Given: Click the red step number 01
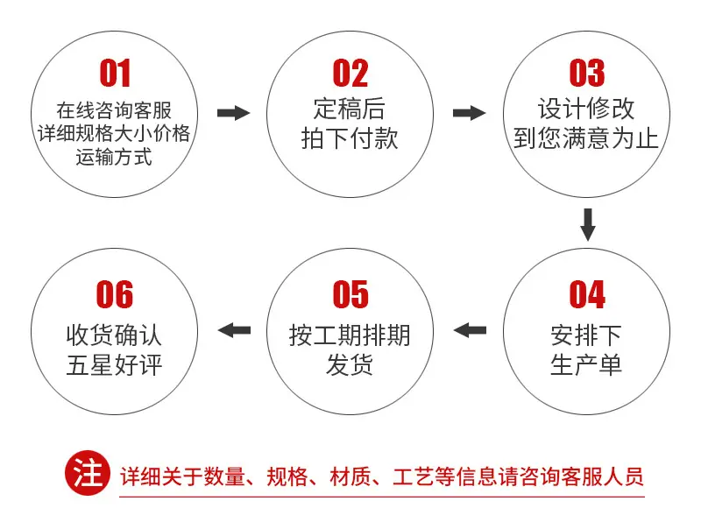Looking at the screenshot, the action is click(115, 73).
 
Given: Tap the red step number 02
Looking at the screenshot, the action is click(350, 73).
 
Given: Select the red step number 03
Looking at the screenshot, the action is click(586, 73).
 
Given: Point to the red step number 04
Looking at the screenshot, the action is click(587, 294).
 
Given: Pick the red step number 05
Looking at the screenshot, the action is click(350, 294).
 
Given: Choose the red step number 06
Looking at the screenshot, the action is click(115, 294).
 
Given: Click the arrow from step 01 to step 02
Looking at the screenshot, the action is click(233, 113).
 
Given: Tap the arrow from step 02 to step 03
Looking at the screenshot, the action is click(470, 113).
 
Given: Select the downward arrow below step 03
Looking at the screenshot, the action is click(587, 224).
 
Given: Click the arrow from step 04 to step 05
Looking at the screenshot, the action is click(470, 330).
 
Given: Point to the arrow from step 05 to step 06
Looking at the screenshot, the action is click(234, 330).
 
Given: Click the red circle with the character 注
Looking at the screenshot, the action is click(88, 473).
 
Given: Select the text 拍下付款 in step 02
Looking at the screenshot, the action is click(350, 138).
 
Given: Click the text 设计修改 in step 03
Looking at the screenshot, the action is click(586, 109).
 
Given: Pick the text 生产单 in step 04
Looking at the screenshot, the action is click(586, 364).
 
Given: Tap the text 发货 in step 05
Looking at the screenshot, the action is click(350, 364).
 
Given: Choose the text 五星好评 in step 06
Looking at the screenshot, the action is click(114, 364).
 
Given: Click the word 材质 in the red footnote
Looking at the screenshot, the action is click(350, 476).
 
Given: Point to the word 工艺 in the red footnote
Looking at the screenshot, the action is click(414, 476).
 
